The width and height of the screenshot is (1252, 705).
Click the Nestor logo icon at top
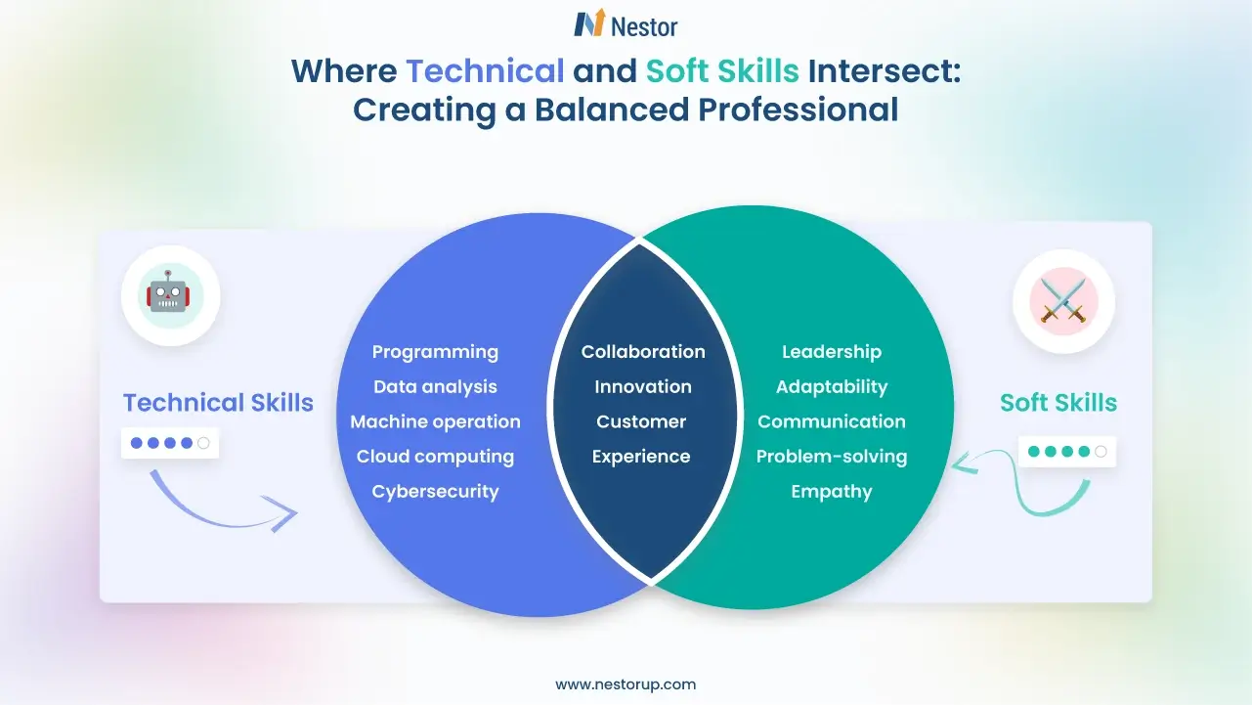click(x=588, y=24)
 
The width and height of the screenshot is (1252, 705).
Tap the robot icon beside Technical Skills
click(x=170, y=294)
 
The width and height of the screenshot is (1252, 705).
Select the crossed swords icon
click(x=1062, y=297)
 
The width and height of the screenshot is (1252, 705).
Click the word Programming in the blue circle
click(x=435, y=352)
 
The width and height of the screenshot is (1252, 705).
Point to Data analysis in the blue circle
click(x=435, y=387)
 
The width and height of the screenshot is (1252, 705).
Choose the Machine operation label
click(x=435, y=422)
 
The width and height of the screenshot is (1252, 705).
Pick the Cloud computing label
click(x=435, y=457)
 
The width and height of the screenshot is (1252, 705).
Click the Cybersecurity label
click(x=435, y=492)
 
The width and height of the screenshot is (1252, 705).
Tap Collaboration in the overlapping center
click(x=643, y=352)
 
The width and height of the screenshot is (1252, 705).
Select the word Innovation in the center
click(x=643, y=387)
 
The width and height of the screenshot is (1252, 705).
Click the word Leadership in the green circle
click(x=832, y=352)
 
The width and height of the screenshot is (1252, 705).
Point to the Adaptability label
click(x=832, y=387)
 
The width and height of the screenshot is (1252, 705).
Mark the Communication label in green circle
click(x=832, y=422)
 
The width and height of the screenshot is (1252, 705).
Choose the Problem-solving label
click(x=832, y=457)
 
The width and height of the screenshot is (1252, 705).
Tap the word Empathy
click(x=832, y=492)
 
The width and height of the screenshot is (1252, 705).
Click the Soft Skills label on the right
click(x=1058, y=403)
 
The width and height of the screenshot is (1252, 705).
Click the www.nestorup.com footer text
click(x=626, y=684)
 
